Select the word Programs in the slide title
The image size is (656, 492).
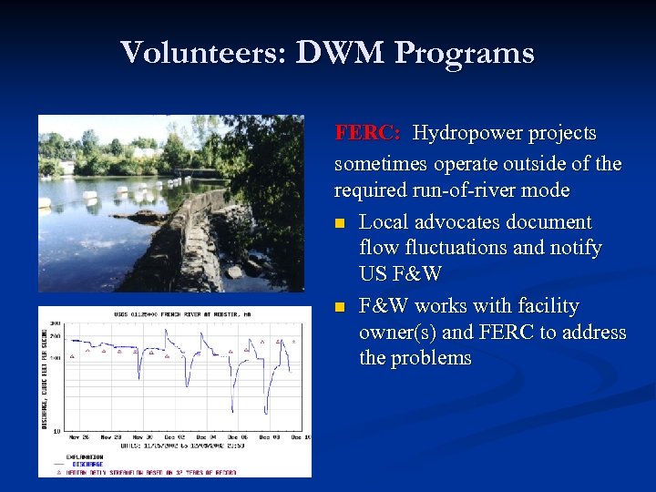[x=465, y=53]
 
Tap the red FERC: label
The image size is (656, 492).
[x=366, y=133]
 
